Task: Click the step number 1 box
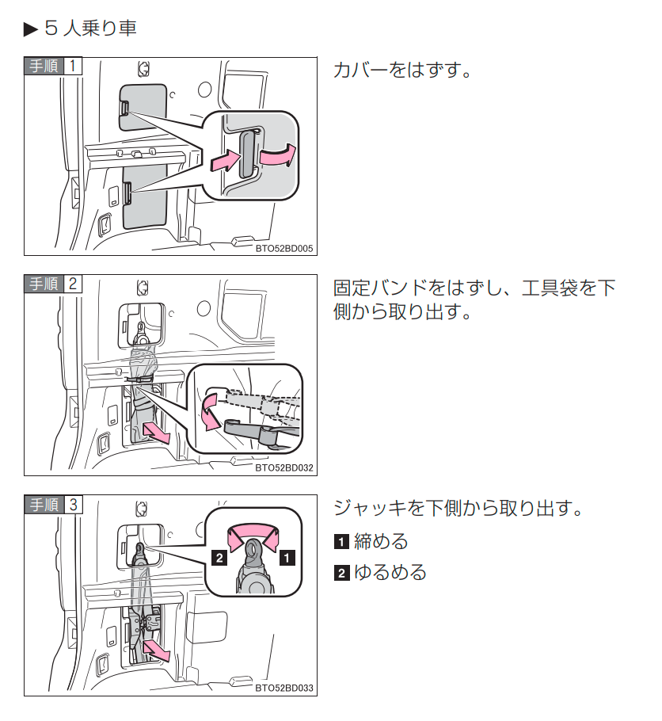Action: coord(72,66)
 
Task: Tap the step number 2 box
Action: coord(72,284)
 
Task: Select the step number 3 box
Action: coord(72,504)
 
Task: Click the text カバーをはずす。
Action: coord(402,70)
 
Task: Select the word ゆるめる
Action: coord(390,572)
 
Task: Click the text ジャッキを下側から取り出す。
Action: coord(458,508)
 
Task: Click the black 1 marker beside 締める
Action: coord(341,543)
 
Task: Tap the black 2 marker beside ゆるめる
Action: coord(341,573)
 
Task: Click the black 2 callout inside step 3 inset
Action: coord(220,558)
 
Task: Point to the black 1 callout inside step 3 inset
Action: coord(287,558)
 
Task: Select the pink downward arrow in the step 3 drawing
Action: coord(158,650)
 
